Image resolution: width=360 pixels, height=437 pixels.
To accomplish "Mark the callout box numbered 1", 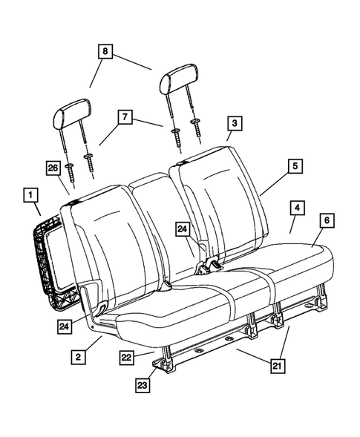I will pos(31,196).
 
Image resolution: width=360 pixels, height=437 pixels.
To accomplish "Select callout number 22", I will pos(127,358).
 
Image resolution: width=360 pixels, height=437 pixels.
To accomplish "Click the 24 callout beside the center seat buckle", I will pos(183,230).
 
